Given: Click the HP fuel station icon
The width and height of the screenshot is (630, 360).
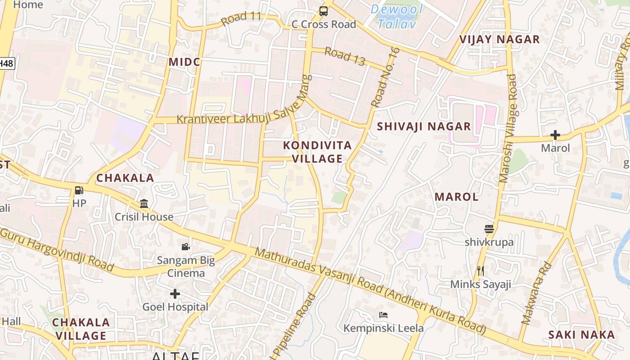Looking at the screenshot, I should click(79, 190).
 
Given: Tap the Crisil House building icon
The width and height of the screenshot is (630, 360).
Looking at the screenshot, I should click(144, 204).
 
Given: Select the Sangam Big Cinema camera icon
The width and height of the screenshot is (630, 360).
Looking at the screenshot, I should click(185, 247).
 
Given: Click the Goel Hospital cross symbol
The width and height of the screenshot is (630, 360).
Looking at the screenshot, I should click(175, 294).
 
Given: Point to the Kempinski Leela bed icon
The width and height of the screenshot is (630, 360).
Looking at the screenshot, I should click(383, 315).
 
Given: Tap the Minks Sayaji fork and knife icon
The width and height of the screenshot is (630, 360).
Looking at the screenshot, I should click(481, 270).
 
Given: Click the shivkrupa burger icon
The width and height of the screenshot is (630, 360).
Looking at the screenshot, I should click(489, 229).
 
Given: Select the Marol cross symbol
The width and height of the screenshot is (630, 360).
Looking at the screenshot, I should click(555, 135).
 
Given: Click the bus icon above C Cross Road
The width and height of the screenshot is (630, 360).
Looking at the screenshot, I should click(324, 11).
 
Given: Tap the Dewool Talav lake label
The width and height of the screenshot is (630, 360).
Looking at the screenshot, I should click(397, 16).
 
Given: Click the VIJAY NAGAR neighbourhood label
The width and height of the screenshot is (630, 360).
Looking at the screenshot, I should click(499, 39).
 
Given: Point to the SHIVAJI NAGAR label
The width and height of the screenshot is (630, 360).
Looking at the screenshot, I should click(424, 126).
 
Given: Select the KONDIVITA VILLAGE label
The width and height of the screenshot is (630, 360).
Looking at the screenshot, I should click(318, 152).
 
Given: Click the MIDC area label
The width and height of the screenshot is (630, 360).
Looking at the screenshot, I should click(184, 62).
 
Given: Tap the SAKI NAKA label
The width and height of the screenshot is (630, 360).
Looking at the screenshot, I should click(581, 334).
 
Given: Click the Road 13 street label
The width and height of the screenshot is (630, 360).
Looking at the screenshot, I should click(345, 56).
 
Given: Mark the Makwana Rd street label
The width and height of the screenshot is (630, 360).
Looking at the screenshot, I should click(535, 293).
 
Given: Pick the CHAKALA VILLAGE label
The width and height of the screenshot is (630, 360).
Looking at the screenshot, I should click(81, 329).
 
